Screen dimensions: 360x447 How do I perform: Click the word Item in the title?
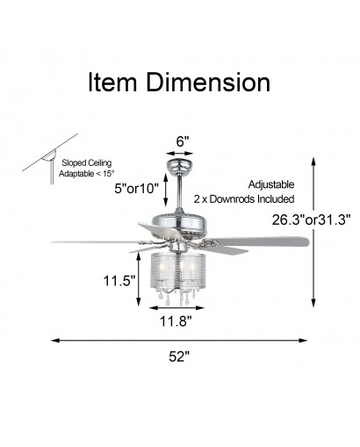(x=112, y=83)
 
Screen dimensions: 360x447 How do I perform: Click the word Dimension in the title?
(x=208, y=83)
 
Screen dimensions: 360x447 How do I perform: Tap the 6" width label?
(x=181, y=141)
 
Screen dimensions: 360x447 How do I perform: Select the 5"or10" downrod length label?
(x=136, y=189)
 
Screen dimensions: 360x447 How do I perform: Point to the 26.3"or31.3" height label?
(x=311, y=220)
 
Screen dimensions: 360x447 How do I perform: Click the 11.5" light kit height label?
(x=119, y=281)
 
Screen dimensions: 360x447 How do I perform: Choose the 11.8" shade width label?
(x=176, y=321)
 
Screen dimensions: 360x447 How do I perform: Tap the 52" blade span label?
(x=179, y=357)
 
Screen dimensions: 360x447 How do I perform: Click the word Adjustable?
(x=271, y=184)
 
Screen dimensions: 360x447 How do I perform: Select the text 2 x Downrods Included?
(x=244, y=199)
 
